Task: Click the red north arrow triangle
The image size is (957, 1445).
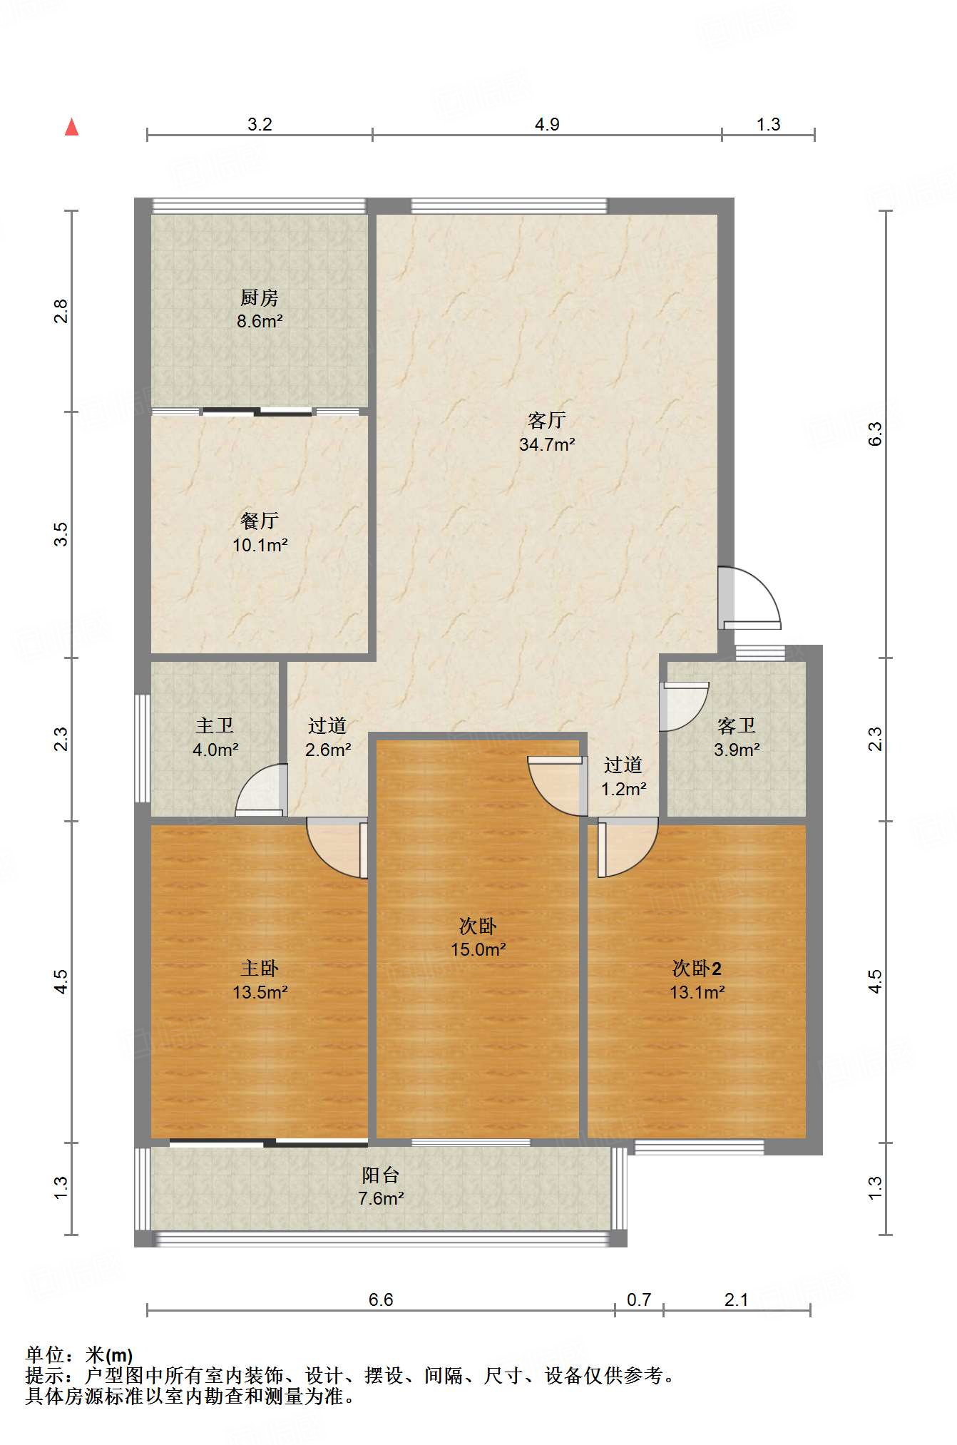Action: [x=71, y=127]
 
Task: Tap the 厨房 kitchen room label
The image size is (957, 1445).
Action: [x=260, y=297]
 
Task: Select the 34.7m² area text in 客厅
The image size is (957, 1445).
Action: [x=547, y=444]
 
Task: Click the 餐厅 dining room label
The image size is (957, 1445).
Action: [x=260, y=521]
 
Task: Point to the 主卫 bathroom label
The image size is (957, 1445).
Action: [x=215, y=725]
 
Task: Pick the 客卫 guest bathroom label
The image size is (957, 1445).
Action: [x=737, y=725]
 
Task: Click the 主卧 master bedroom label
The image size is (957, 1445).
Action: [x=260, y=968]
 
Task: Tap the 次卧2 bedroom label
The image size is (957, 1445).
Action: [x=697, y=968]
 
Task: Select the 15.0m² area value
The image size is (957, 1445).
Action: [x=478, y=949]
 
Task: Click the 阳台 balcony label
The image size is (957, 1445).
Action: [x=381, y=1175]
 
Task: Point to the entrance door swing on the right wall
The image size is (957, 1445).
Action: [x=749, y=598]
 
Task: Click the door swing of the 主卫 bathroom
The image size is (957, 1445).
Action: [x=262, y=790]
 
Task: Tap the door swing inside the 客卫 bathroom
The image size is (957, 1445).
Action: [x=684, y=707]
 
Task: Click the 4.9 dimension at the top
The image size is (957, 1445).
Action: [x=547, y=124]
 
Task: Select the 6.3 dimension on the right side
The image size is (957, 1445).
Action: [x=875, y=434]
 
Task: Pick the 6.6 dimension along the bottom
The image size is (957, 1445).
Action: [x=381, y=1300]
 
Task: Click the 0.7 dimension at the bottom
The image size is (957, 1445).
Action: [x=639, y=1300]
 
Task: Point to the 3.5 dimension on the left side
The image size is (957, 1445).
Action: [x=62, y=534]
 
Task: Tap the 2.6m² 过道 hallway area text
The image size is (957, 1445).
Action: [x=328, y=750]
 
